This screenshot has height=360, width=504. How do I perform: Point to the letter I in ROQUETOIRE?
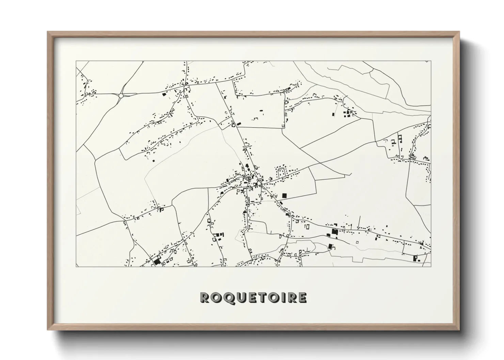click(x=285, y=298)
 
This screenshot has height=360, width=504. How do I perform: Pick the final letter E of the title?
click(x=302, y=298)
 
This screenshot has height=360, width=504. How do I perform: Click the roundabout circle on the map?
click(x=121, y=96)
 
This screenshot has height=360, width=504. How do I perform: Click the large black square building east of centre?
click(x=284, y=196)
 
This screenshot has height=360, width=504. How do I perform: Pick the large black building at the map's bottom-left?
click(x=157, y=262)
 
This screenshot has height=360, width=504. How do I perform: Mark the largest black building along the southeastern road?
click(x=334, y=232)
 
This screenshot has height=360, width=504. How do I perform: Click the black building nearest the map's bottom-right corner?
click(x=415, y=258)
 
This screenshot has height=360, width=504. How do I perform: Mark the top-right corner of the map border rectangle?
click(x=431, y=61)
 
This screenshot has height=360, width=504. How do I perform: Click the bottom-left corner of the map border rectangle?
click(x=76, y=266)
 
